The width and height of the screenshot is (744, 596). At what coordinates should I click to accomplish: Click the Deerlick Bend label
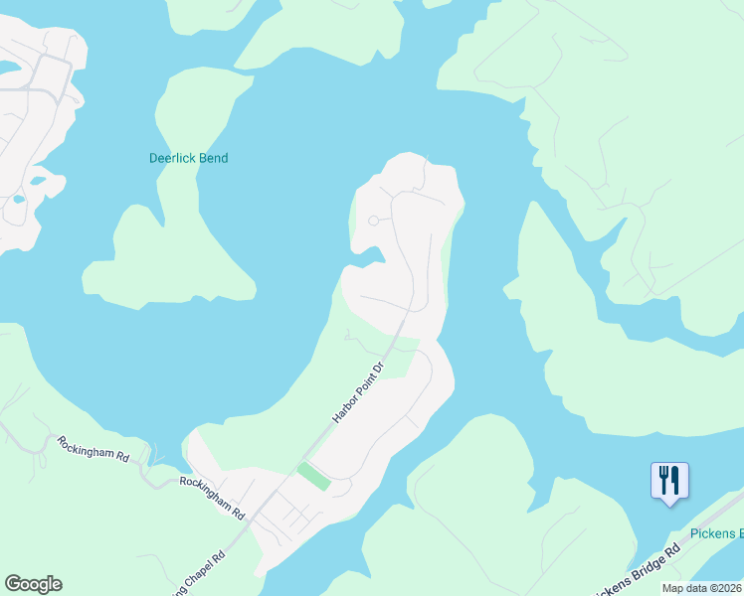(188, 158)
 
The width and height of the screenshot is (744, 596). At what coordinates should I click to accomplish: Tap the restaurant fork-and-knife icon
(668, 480)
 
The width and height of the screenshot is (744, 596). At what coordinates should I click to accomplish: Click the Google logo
(33, 584)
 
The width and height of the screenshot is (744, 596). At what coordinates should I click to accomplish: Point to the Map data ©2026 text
(701, 588)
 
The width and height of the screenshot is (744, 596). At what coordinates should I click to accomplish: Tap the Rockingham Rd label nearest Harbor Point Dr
(212, 498)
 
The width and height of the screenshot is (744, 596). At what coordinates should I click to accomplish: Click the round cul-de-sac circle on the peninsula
(374, 221)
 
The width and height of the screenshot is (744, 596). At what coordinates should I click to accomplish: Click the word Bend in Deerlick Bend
(213, 158)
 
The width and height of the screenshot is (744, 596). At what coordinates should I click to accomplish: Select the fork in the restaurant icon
(662, 480)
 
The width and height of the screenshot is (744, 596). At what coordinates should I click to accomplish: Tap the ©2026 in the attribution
(723, 588)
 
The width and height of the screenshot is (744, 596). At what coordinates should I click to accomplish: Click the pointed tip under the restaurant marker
(668, 504)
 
